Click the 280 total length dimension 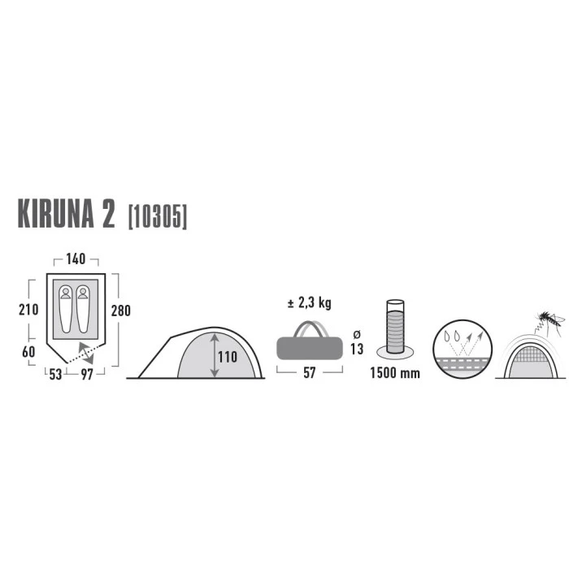click(x=121, y=311)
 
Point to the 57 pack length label click(x=309, y=372)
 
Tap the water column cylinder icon click(x=395, y=327)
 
